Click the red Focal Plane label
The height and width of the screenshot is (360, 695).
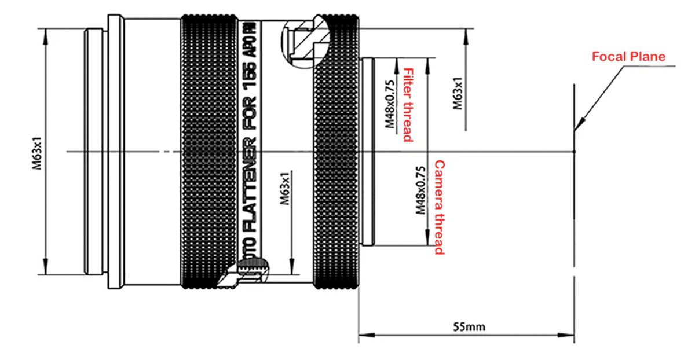(628, 57)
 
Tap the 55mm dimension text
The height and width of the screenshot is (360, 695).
(469, 327)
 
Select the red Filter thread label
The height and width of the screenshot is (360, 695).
(408, 105)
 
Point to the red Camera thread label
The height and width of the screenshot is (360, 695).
(440, 207)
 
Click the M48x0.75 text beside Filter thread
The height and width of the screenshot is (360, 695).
(390, 105)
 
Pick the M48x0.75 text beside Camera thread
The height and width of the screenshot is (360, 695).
(420, 190)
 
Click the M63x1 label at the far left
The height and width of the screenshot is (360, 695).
(36, 153)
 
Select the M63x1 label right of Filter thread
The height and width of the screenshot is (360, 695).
(458, 94)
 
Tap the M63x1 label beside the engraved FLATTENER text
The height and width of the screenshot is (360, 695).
(284, 189)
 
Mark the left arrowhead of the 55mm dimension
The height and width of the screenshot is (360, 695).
(367, 335)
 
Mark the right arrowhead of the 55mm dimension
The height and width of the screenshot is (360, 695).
(566, 335)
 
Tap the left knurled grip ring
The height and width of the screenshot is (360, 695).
(209, 152)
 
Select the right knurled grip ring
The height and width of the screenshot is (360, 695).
(336, 152)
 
